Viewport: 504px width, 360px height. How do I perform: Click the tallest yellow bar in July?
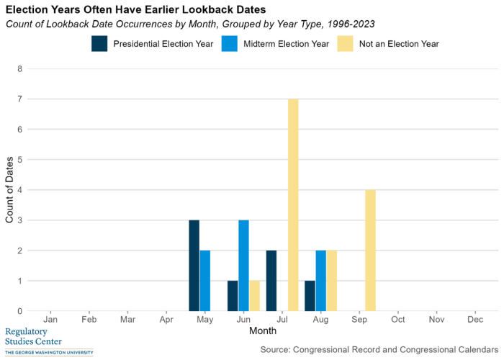[x=293, y=205]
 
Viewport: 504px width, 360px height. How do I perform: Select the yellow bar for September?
[x=370, y=251]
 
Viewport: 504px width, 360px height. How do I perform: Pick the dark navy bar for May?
[x=194, y=266]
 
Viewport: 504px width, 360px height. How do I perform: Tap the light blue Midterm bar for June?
[x=243, y=266]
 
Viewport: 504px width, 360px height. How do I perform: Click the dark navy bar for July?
[x=271, y=281]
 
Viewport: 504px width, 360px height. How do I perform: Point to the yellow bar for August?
[x=331, y=281]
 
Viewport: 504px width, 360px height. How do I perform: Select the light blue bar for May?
[x=205, y=281]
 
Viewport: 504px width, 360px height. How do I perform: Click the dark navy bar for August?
[x=310, y=296]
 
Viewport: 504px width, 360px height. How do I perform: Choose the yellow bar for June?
[x=254, y=296]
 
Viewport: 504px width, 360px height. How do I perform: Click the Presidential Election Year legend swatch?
[x=99, y=43]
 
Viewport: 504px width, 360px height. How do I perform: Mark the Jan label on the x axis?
[x=50, y=318]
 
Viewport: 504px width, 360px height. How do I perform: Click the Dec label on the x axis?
[x=474, y=318]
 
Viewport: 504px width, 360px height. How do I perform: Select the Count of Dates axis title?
[x=9, y=190]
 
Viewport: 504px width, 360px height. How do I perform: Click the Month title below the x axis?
[x=263, y=330]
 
